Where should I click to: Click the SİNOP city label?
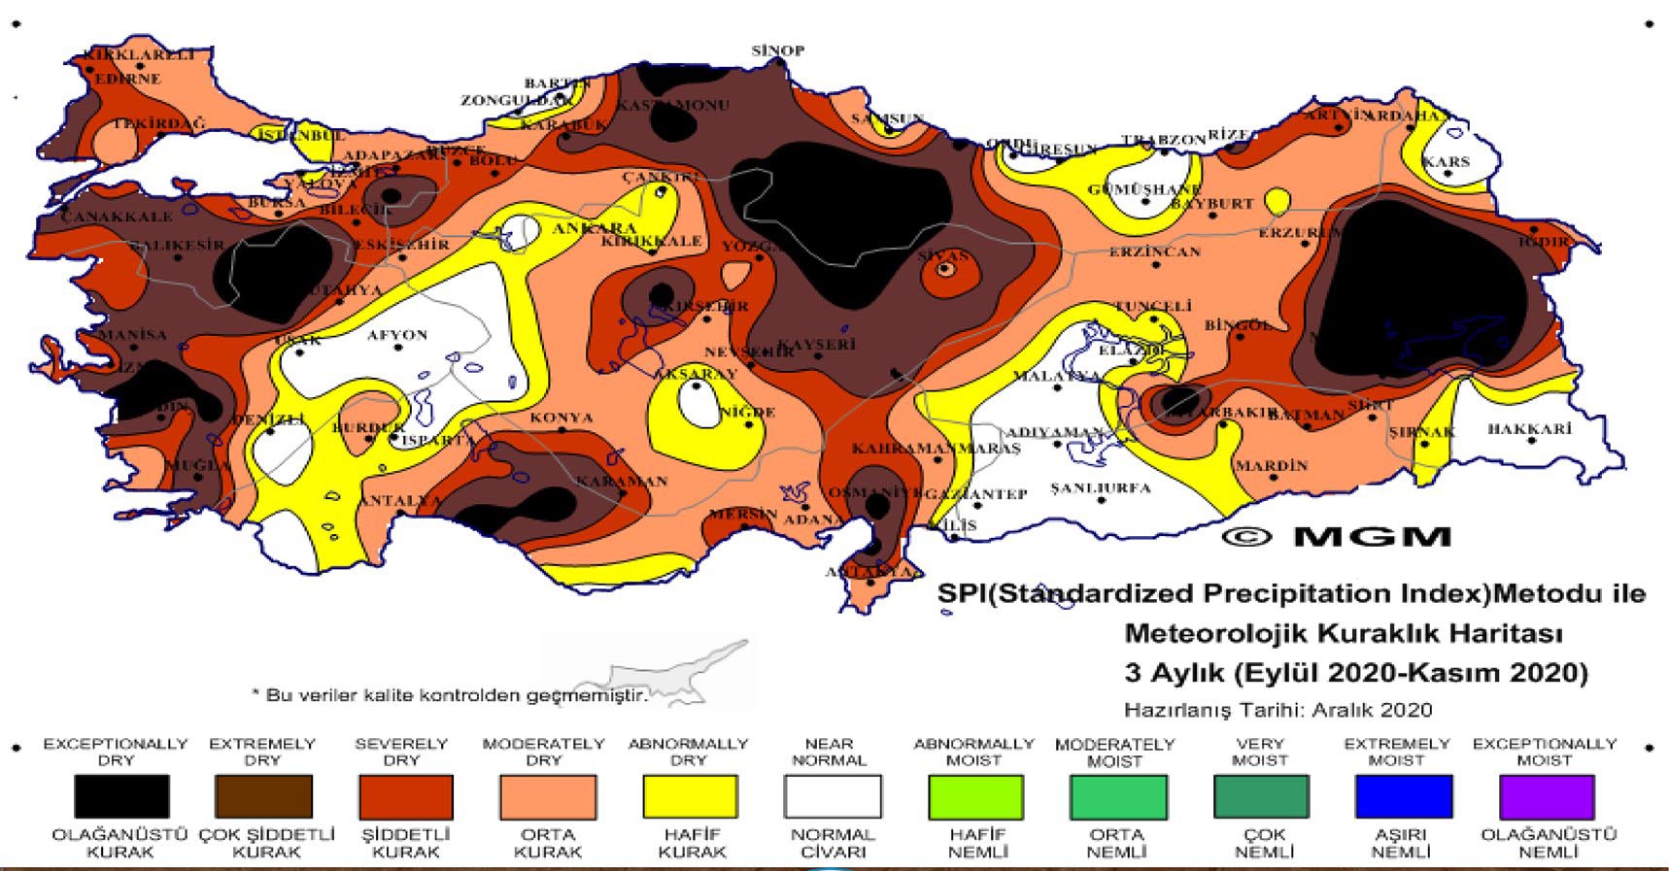tap(777, 50)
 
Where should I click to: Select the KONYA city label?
tap(561, 418)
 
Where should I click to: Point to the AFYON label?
tap(396, 335)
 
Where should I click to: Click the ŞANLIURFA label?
tap(1100, 487)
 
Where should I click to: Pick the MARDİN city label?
tap(1271, 466)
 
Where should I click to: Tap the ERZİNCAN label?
tap(1154, 251)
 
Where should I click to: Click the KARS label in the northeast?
tap(1446, 162)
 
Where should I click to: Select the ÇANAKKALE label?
tap(116, 217)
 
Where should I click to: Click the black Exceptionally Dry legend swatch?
tap(121, 796)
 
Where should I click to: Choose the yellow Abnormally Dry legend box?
tap(689, 796)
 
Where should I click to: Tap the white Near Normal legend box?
tap(832, 796)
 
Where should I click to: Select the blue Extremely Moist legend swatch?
tap(1403, 796)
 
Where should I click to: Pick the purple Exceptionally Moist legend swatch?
tap(1546, 796)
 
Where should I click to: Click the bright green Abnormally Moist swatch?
tap(973, 796)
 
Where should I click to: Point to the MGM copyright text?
tap(1336, 537)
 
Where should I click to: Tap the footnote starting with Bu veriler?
tap(449, 695)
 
